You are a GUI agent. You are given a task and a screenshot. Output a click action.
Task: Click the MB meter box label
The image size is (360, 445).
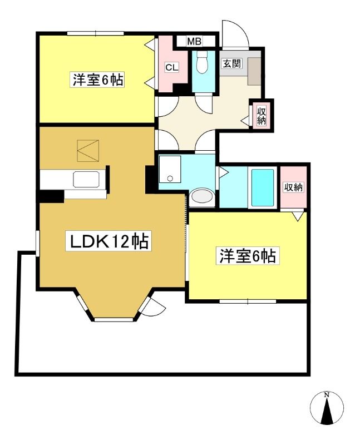pos(194,41)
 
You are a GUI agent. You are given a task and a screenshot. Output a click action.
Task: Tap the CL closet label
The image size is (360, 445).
pos(171,67)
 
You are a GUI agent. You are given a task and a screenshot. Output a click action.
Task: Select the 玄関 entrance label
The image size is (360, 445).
pos(231,63)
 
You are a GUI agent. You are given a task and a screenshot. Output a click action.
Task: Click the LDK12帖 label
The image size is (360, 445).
pos(109,241)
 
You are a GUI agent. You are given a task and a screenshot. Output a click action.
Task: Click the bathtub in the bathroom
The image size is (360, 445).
pos(262,187)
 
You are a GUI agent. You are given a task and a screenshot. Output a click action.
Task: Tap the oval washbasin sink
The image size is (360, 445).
pos(202,196)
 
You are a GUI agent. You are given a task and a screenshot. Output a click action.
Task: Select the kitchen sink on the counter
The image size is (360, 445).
pos(86,179)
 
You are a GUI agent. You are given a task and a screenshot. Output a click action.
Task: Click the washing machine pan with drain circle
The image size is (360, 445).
pos(170,169)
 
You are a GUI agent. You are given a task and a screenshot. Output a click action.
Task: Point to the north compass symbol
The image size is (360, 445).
pos(327,407)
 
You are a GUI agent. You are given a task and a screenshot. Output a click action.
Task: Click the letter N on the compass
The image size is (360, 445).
pos(327,394)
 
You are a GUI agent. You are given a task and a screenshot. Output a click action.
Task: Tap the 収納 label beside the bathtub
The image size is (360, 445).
pos(294,187)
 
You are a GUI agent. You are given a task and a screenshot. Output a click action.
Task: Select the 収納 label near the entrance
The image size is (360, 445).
pos(261,115)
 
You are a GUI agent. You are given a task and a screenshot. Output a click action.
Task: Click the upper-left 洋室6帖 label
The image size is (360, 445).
pos(98,80)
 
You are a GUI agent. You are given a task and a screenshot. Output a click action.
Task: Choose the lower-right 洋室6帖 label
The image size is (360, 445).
pos(247,256)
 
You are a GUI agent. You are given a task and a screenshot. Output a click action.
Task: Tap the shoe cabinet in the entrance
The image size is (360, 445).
pos(254,71)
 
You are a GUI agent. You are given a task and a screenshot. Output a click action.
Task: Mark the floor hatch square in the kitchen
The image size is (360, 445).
pos(88,150)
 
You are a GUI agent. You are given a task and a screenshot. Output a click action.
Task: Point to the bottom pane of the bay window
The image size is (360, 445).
pos(114,319)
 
